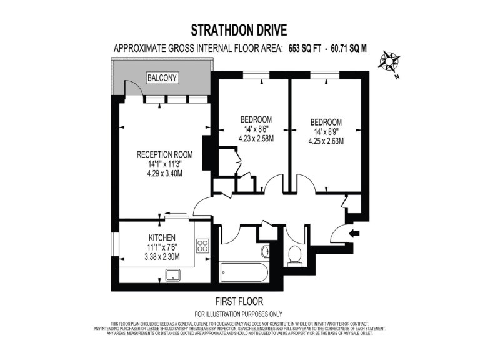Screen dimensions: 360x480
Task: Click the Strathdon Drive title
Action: pos(239,30)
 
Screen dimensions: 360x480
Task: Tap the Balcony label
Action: pos(162,78)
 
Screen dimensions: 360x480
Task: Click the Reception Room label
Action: pos(164,154)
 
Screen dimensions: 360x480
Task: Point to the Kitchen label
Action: pos(161,238)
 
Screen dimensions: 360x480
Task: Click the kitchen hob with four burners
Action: pos(202,246)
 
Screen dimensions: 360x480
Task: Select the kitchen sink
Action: pos(172,274)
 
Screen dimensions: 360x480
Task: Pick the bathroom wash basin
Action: pos(265,251)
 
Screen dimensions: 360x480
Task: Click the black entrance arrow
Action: pos(355,234)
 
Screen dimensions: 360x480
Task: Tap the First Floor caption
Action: pos(239,301)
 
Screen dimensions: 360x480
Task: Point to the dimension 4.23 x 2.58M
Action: pos(256,139)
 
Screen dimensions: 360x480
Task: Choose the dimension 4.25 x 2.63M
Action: pos(326,141)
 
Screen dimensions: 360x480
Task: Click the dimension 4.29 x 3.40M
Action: pos(164,174)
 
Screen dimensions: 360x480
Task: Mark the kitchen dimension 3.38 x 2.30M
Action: pos(161,256)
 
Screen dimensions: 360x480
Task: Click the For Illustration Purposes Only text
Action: pos(239,314)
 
